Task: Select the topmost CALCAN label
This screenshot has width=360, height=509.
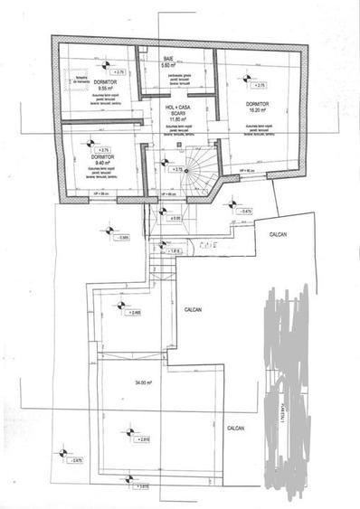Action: (278, 234)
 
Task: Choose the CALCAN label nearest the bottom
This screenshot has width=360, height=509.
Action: (237, 429)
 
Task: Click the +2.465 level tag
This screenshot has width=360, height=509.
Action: (135, 313)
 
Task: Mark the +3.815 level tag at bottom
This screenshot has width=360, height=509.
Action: (142, 486)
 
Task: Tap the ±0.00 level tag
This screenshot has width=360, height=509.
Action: (175, 218)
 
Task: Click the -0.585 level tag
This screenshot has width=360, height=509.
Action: (124, 238)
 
